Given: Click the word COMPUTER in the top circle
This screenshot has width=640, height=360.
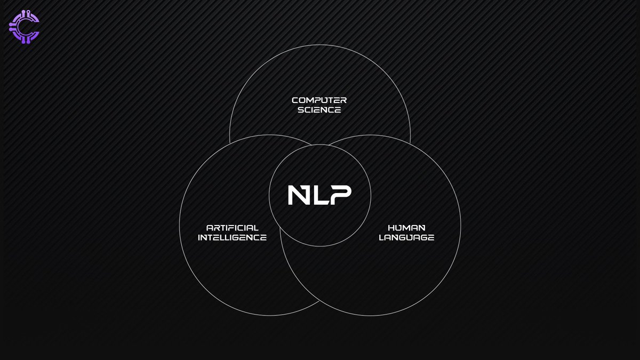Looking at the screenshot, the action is tap(319, 100).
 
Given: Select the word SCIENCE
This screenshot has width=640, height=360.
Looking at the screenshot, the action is tap(319, 110).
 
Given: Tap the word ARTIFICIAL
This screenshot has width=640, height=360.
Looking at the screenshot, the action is tap(232, 228).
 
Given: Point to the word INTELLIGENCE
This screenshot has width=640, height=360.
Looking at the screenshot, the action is tap(232, 238).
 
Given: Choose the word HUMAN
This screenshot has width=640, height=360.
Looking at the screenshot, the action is tap(406, 228).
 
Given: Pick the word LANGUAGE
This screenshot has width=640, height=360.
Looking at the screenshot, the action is tap(406, 238).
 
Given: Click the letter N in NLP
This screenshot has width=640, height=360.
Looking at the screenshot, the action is tap(298, 195).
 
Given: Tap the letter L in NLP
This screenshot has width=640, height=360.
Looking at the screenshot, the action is tap(318, 195).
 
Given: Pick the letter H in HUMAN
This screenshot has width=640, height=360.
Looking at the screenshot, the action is tap(390, 228).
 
